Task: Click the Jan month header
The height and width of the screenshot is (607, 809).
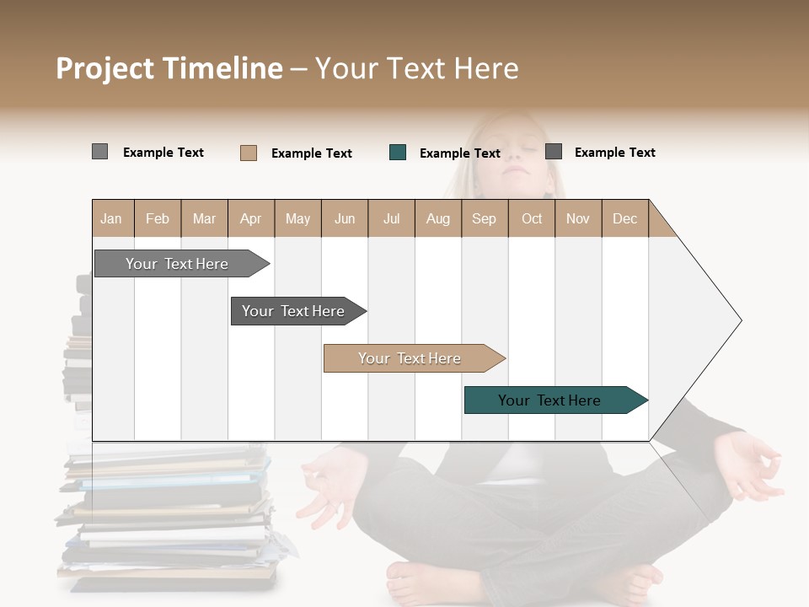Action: [112, 218]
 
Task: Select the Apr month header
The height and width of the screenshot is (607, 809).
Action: [250, 218]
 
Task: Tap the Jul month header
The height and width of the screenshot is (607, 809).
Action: [391, 218]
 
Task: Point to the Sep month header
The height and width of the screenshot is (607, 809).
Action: [484, 218]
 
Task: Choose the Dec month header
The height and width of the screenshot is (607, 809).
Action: [624, 218]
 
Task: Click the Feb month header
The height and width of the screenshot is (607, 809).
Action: [158, 218]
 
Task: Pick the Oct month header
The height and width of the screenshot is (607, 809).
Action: [532, 218]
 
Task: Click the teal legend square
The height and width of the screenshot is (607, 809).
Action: [398, 153]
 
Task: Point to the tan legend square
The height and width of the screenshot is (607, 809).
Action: [249, 153]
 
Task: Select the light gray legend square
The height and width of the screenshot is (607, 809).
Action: [99, 152]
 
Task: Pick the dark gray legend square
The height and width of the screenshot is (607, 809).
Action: [554, 152]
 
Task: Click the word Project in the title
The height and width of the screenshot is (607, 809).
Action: [105, 68]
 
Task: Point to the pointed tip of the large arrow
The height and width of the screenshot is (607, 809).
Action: [740, 320]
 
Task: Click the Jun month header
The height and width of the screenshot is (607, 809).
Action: [345, 218]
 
